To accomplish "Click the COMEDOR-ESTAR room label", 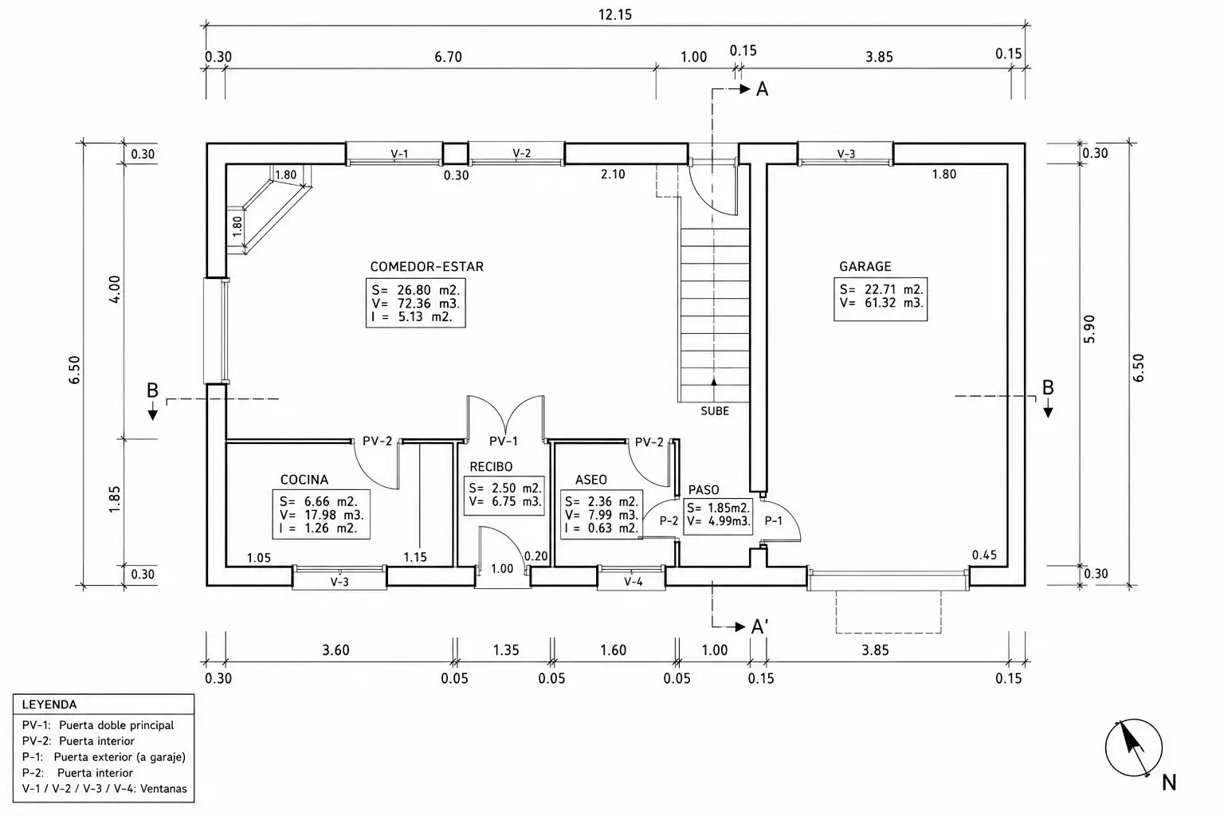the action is tap(427, 267).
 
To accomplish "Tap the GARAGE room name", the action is tap(865, 267).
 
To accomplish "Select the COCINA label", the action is tap(304, 480).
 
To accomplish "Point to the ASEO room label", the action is tap(590, 480).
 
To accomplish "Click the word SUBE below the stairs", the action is tap(715, 411).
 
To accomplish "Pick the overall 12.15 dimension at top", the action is tap(615, 15).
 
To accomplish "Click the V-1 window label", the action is tap(399, 154).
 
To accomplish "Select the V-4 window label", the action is tap(634, 582).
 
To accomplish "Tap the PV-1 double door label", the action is tap(504, 441).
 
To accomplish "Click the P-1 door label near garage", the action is tap(773, 521).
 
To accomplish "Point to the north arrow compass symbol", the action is tap(1134, 748).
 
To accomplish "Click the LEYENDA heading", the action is tap(49, 704).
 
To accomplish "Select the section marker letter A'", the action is tap(760, 627).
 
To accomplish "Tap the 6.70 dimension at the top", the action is tap(448, 57).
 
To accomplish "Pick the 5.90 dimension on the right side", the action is tap(1089, 329).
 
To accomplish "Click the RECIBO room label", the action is tap(491, 467).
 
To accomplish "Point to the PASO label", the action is tap(704, 490).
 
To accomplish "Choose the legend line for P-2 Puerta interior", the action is tap(77, 773).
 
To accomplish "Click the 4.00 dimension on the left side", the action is tap(115, 290).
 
